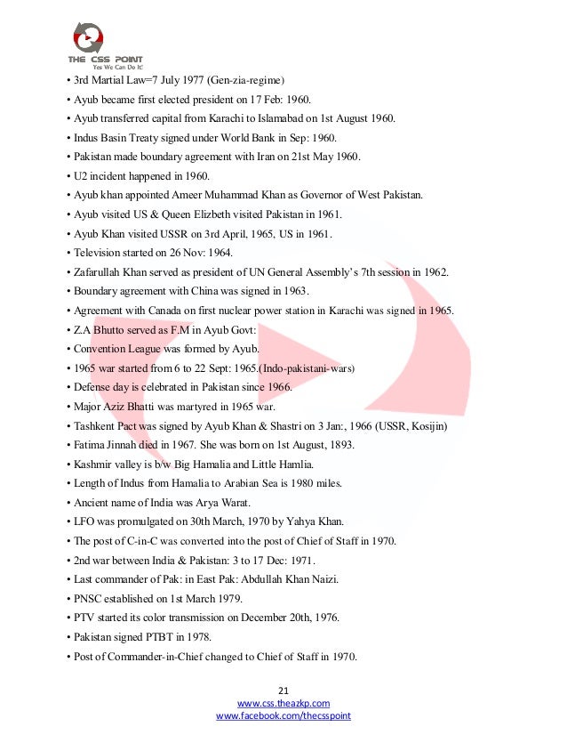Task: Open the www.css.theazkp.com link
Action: (283, 703)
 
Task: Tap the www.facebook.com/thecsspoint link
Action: (283, 715)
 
